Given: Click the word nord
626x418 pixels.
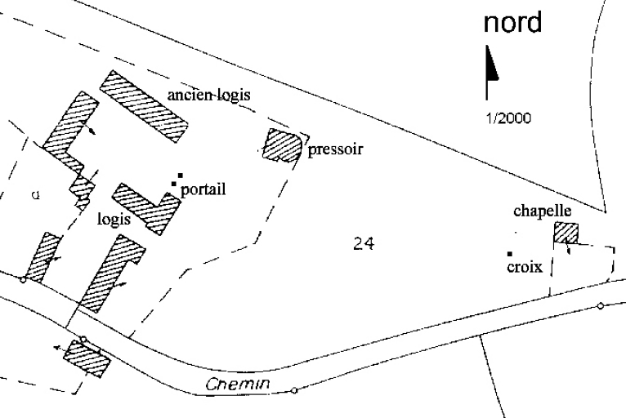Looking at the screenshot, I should pos(512,24).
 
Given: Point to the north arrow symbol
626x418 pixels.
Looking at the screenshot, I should pos(492,70).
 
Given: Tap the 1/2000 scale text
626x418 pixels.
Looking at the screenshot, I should pos(508,118).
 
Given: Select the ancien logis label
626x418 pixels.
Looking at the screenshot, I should pos(208,95).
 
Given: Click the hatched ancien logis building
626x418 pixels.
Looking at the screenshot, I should pos(144,106).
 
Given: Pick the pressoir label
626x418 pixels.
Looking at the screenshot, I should pos(335,149).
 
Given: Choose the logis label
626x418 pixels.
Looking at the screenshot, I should pos(114,219).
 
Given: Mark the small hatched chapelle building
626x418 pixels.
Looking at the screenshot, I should pos(566,233).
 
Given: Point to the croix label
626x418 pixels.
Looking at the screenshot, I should pos(524,267).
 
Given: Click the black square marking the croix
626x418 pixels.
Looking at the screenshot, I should pos(510,254).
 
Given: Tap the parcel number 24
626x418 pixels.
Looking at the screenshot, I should pos(364,243).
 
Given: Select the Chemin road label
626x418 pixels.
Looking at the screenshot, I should pos(238,385).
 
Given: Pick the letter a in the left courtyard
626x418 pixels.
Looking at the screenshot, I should pos(35,194).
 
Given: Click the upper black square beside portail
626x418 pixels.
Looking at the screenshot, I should pos(180,176).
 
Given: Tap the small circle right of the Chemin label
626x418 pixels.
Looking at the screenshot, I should pos(294,390).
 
